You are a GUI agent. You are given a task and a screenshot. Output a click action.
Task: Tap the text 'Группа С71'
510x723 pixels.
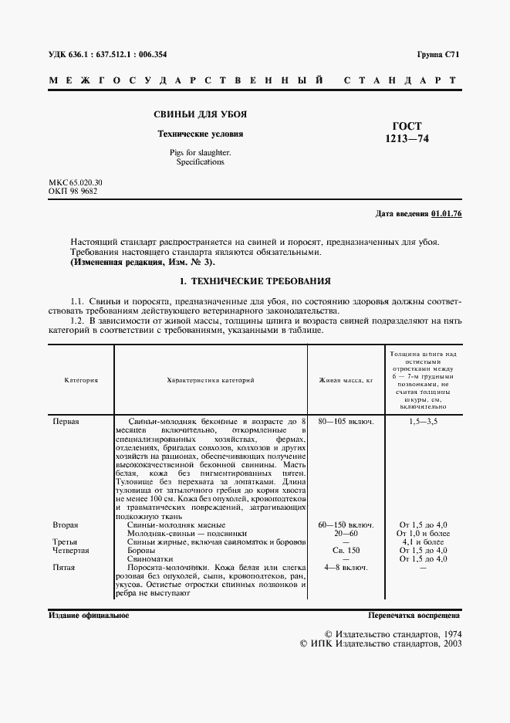(x=437, y=54)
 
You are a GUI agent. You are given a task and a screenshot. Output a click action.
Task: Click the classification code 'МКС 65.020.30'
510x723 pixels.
(x=76, y=182)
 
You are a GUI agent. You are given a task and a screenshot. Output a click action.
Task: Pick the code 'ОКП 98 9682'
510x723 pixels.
(x=73, y=191)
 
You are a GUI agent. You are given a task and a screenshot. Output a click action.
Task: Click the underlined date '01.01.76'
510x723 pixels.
(x=446, y=213)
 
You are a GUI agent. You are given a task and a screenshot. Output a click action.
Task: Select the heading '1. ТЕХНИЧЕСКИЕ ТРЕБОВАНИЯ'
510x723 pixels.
(x=255, y=281)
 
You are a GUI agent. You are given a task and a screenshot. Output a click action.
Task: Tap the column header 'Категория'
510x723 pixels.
(x=80, y=380)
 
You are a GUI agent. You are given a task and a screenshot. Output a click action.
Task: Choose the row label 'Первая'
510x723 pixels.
(x=66, y=422)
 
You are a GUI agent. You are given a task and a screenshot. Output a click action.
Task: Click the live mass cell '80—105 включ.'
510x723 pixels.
(x=346, y=422)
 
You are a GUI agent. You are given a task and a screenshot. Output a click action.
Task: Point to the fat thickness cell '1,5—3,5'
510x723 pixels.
(x=422, y=422)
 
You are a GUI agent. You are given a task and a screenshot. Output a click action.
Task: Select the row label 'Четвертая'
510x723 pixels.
(x=70, y=550)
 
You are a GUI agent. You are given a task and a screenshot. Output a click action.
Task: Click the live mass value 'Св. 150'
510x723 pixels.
(x=346, y=550)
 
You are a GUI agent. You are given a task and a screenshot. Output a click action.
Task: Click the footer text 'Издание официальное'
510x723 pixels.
(x=89, y=616)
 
